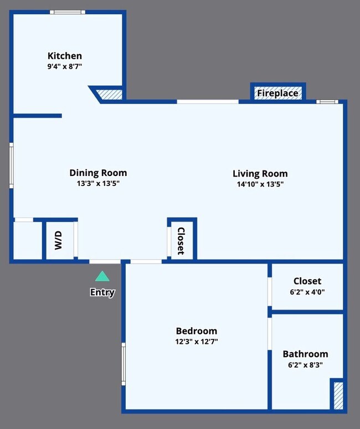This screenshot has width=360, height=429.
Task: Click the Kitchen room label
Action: click(65, 56)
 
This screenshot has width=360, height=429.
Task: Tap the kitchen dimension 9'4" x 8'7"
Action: click(65, 66)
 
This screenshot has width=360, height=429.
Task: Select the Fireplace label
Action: click(277, 93)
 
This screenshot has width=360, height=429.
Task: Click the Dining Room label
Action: click(98, 173)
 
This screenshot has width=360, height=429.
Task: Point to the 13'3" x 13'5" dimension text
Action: click(98, 183)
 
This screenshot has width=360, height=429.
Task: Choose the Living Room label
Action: click(260, 173)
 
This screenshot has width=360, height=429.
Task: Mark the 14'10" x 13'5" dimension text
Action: click(260, 184)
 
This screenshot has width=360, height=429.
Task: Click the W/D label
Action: click(59, 241)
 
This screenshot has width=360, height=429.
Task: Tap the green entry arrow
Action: click(102, 276)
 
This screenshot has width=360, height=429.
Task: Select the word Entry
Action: click(102, 292)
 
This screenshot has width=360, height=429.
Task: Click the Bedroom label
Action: click(196, 331)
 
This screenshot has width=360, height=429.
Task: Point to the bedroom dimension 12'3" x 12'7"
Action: click(196, 342)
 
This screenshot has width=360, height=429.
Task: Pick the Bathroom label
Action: click(305, 354)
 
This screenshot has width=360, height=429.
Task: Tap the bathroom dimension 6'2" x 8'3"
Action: click(305, 365)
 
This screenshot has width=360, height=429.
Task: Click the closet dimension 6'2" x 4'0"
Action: click(307, 292)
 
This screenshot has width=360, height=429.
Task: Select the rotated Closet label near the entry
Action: click(181, 241)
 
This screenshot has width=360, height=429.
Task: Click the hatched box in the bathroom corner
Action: click(337, 395)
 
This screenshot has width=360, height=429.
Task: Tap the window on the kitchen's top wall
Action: click(67, 12)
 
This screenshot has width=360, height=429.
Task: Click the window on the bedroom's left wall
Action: click(124, 364)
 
